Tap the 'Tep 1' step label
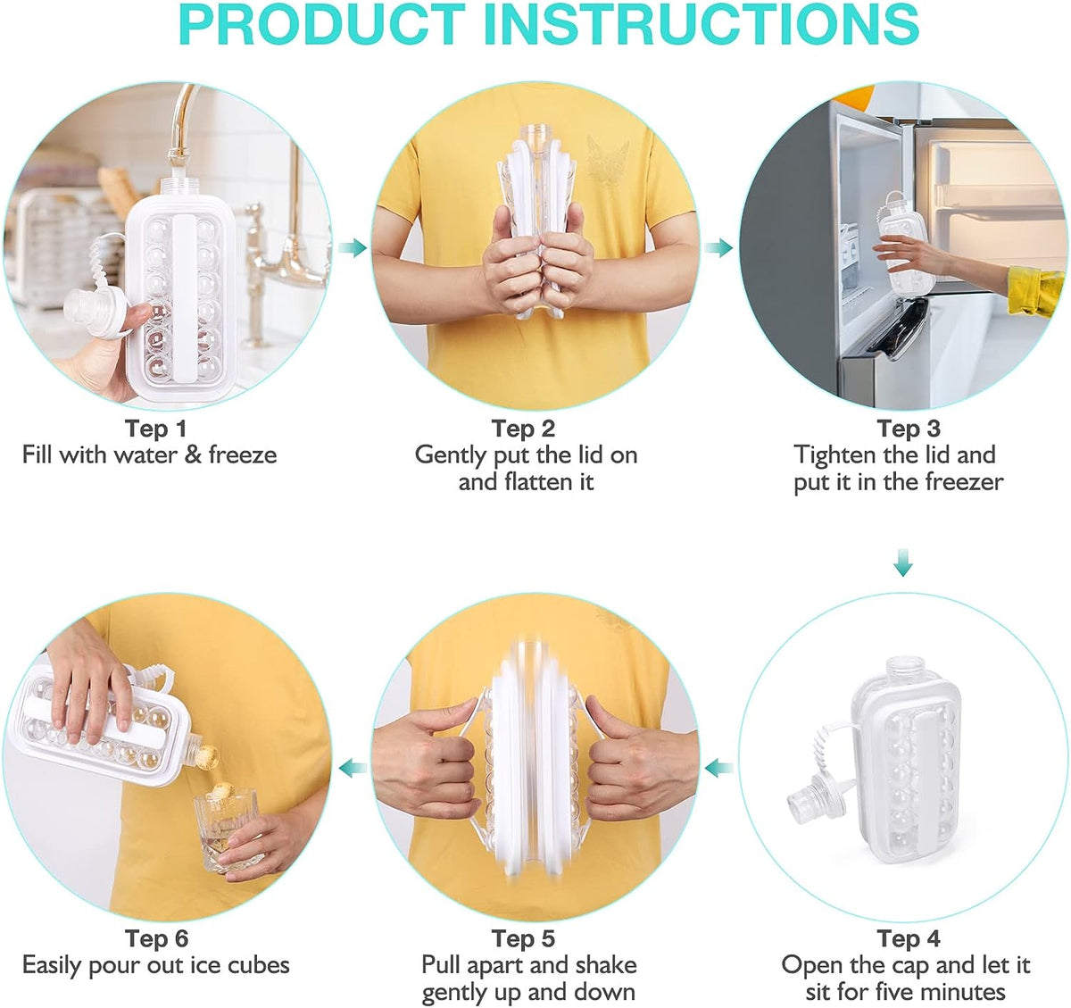point(155,429)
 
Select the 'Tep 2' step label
point(523,429)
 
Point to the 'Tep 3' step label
point(908,429)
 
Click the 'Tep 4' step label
point(908,938)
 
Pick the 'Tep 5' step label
point(523,938)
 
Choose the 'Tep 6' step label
point(156,938)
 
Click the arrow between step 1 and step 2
point(353,247)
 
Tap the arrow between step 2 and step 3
point(718,247)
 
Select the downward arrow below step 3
point(903,563)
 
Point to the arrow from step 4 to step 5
point(718,767)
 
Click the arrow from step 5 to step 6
point(353,767)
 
